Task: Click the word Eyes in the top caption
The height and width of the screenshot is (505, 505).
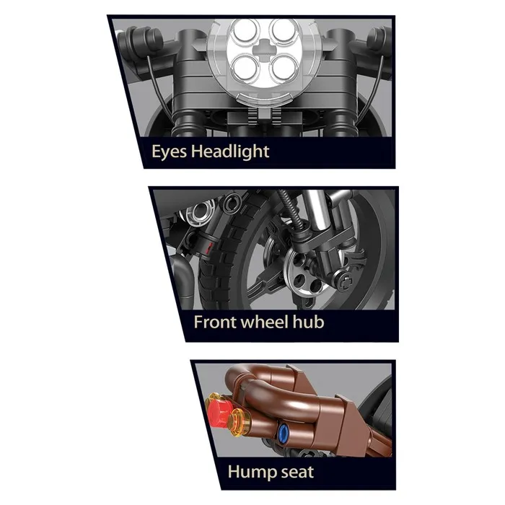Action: pyautogui.click(x=169, y=151)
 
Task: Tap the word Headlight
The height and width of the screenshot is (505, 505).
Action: pyautogui.click(x=230, y=151)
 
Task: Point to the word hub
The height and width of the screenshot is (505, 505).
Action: pyautogui.click(x=309, y=322)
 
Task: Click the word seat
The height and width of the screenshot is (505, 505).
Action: pyautogui.click(x=297, y=473)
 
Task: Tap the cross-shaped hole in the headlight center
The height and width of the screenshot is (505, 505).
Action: pyautogui.click(x=265, y=49)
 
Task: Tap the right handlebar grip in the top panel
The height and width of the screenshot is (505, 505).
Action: pyautogui.click(x=380, y=39)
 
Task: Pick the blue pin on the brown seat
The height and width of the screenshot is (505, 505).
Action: pyautogui.click(x=283, y=431)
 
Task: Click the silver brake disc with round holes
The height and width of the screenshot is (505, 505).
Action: pyautogui.click(x=304, y=273)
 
